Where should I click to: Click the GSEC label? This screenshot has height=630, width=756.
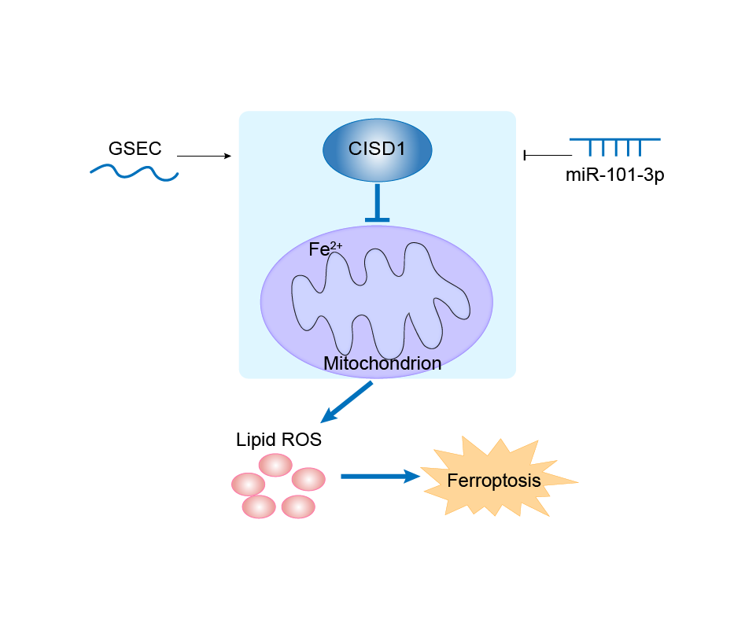pyautogui.click(x=135, y=148)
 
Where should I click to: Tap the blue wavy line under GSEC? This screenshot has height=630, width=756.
pyautogui.click(x=134, y=172)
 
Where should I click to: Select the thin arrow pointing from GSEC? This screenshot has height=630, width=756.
pyautogui.click(x=204, y=157)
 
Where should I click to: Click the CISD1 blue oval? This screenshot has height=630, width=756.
pyautogui.click(x=378, y=147)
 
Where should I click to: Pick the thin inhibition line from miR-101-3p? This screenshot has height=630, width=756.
pyautogui.click(x=548, y=156)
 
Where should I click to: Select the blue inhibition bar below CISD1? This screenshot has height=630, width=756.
pyautogui.click(x=378, y=203)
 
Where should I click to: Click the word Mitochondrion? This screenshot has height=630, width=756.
pyautogui.click(x=382, y=363)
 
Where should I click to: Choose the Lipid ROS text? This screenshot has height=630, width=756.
pyautogui.click(x=278, y=440)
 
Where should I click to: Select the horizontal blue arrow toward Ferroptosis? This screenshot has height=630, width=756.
pyautogui.click(x=378, y=476)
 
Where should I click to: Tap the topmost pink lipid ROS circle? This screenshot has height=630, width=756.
pyautogui.click(x=276, y=465)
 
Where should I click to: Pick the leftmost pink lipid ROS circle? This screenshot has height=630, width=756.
pyautogui.click(x=248, y=484)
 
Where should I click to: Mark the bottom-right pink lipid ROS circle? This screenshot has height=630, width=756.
pyautogui.click(x=298, y=506)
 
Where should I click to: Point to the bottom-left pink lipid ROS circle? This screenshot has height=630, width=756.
pyautogui.click(x=259, y=507)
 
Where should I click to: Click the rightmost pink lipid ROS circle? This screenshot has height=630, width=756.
pyautogui.click(x=308, y=478)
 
